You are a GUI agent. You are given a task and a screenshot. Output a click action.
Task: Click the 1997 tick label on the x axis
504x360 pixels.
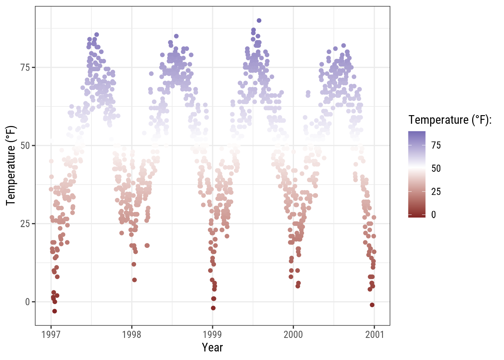[x=51, y=334]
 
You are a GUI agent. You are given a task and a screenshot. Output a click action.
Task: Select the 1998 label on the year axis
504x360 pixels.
[x=132, y=334]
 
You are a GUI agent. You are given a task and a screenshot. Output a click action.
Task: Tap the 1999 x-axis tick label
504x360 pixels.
[x=212, y=334]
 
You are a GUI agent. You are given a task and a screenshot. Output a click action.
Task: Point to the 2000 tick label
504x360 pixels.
[x=293, y=334]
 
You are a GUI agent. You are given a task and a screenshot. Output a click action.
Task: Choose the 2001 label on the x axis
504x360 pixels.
[x=374, y=334]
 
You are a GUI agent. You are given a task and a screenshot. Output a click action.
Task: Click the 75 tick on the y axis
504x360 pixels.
[x=25, y=67]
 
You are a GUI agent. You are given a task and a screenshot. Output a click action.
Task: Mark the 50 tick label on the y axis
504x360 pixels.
[x=25, y=145]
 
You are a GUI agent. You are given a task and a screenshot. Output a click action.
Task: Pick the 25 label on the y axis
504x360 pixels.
[x=25, y=224]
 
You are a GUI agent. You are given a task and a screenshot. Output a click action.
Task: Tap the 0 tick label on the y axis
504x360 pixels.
[x=27, y=302]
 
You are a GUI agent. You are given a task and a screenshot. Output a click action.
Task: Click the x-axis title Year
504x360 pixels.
[x=212, y=348]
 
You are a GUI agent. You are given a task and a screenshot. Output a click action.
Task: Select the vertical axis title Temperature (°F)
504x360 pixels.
[x=11, y=165]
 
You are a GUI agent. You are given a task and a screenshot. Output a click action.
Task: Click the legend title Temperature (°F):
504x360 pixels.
[x=450, y=120]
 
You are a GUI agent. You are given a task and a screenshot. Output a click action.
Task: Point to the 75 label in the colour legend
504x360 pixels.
[x=436, y=145]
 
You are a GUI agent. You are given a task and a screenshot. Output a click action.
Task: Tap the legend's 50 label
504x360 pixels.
[x=436, y=168]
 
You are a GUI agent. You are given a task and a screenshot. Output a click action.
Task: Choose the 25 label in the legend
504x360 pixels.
[x=436, y=192]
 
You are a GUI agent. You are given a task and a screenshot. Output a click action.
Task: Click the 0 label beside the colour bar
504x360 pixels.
[x=433, y=215]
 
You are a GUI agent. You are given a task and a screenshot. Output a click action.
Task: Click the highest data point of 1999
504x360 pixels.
[x=259, y=21]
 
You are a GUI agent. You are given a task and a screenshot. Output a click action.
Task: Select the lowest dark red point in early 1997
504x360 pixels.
[x=54, y=311]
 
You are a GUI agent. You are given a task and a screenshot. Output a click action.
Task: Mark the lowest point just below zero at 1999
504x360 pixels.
[x=213, y=308]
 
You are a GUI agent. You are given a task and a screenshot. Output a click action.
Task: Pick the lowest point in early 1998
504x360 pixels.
[x=134, y=280]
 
